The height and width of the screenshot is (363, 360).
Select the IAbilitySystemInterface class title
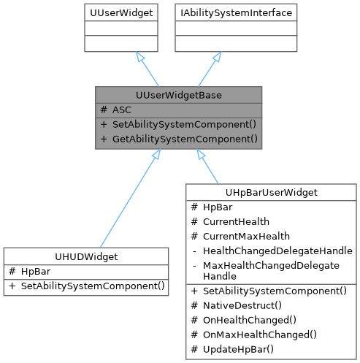pos(248,12)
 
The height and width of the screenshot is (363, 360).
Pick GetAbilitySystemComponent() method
pos(184,138)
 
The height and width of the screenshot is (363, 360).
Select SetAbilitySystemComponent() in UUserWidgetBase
pos(184,123)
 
